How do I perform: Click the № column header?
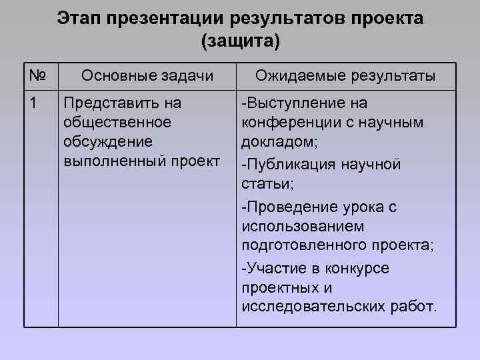coord(37,76)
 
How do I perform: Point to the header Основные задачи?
coord(147,76)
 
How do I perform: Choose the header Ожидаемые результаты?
coord(346,76)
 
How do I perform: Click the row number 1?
coord(33,103)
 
